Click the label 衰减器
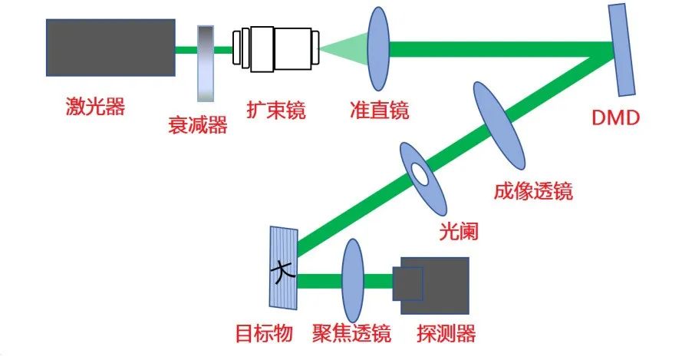(x=197, y=125)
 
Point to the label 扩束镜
(x=275, y=111)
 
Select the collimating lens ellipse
(x=379, y=48)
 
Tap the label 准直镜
(x=379, y=111)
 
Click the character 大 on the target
(x=284, y=270)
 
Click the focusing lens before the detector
(x=352, y=280)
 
